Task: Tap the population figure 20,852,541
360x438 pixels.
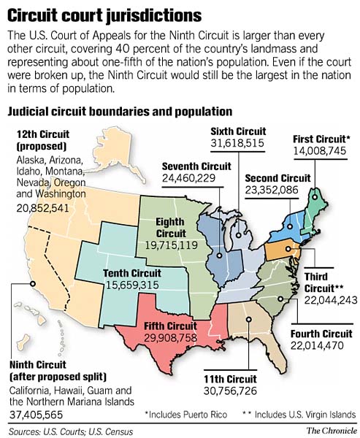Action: click(x=43, y=208)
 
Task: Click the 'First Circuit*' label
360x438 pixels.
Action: click(x=321, y=139)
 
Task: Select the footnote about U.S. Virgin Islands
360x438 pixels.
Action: click(x=301, y=415)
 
